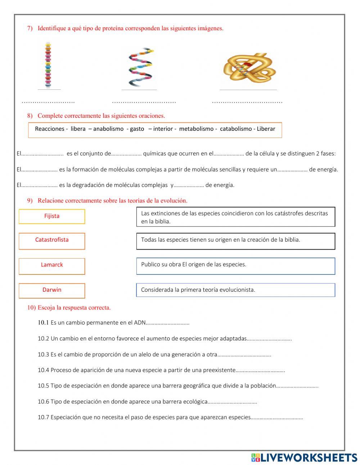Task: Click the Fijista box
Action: coord(52,216)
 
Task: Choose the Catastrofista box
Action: coord(52,241)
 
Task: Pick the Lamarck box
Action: coord(52,266)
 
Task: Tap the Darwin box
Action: coord(52,290)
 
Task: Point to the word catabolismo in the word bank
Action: coord(236,129)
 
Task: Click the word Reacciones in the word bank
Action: coord(49,129)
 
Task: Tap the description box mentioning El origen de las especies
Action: coord(235,266)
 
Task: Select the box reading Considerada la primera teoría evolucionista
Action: coord(235,290)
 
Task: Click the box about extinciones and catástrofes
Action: coord(235,217)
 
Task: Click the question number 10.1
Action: coord(43,323)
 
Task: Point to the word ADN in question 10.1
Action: coord(140,323)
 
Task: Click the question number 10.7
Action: coord(43,417)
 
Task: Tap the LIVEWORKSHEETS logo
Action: coord(304,457)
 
